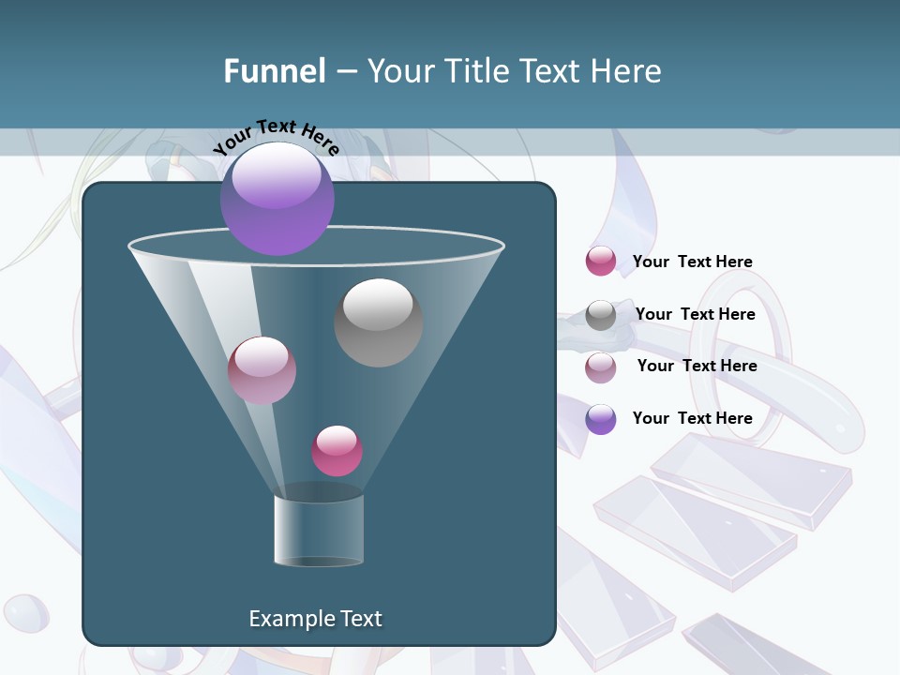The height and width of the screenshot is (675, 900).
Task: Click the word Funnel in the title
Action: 274,71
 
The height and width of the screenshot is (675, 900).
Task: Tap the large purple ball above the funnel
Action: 277,199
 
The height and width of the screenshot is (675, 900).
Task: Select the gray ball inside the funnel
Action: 378,322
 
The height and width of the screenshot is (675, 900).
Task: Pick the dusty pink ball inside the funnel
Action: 262,370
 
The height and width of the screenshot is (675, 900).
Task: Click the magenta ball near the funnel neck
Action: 337,451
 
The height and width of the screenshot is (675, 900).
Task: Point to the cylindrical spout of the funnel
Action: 318,530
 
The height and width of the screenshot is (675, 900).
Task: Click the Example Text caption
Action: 315,619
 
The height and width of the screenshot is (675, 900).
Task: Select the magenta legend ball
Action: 601,262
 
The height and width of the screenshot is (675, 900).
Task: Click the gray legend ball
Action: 601,315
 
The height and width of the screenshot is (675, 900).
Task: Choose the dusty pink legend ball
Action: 601,367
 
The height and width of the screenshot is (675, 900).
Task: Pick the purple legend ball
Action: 601,419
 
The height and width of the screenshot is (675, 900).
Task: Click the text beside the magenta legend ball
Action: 692,262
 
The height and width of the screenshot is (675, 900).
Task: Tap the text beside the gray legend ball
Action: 695,314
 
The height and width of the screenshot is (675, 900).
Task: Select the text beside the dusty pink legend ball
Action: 697,366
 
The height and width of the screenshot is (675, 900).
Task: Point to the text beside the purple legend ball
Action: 692,418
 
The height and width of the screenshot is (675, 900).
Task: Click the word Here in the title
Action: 628,71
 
